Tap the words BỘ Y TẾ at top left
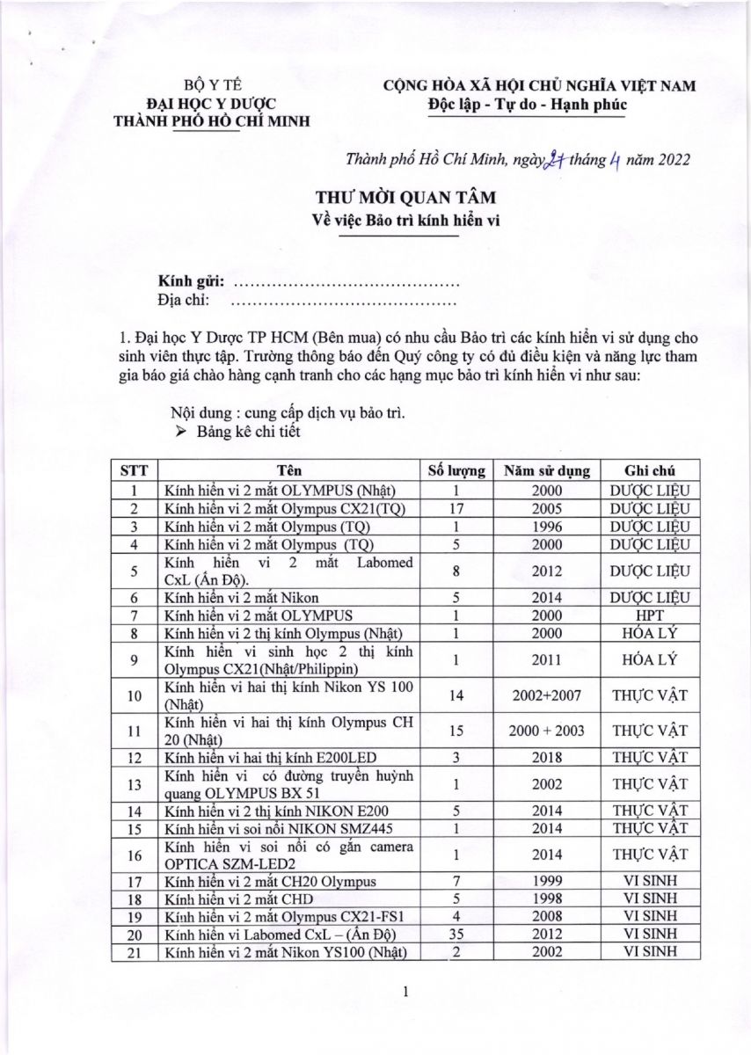[x=211, y=86]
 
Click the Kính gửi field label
[x=191, y=284]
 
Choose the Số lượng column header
[x=456, y=469]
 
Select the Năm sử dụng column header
[x=546, y=469]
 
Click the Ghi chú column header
[x=649, y=469]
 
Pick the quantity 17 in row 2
[x=456, y=509]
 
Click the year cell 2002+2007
[x=546, y=695]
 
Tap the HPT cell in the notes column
[x=649, y=615]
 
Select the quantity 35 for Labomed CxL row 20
[x=456, y=935]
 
